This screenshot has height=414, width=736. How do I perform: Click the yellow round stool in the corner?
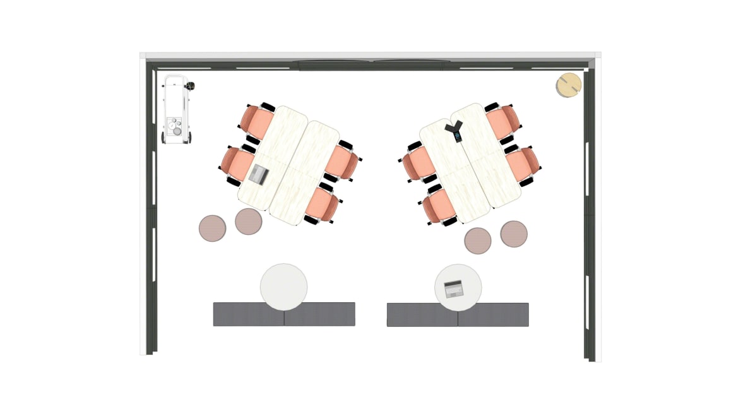[569, 85]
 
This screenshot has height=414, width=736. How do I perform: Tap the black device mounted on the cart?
[190, 86]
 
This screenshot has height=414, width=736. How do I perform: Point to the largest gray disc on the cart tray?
[177, 131]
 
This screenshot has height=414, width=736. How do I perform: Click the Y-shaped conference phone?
[454, 130]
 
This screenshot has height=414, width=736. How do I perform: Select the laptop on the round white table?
[453, 289]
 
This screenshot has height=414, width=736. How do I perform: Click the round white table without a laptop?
[283, 287]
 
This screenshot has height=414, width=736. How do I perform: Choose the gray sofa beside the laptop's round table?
[458, 315]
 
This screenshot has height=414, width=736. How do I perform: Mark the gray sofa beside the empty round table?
[284, 314]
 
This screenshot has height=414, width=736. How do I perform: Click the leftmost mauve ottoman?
[212, 228]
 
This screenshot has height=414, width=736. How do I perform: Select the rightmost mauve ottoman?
[514, 234]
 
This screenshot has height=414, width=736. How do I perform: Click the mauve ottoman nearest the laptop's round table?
[478, 241]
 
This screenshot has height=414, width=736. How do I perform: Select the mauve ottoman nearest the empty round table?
[249, 222]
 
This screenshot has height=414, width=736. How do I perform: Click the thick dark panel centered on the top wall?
[371, 65]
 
